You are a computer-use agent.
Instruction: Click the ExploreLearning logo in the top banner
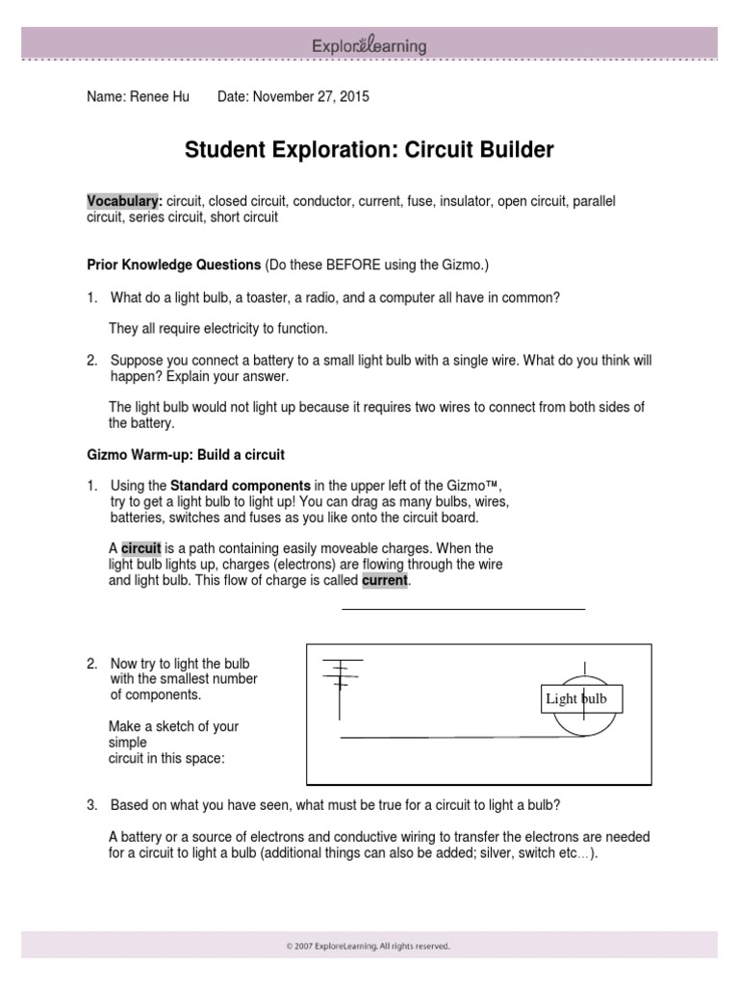pos(369,45)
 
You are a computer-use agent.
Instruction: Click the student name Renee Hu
pos(164,97)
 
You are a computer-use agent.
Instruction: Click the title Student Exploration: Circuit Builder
pos(369,150)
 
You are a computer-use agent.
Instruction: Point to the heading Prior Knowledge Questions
pos(174,264)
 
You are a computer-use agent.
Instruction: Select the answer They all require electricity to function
pos(218,329)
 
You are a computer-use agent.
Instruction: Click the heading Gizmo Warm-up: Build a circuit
pos(186,454)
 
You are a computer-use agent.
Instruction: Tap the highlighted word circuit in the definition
pos(140,547)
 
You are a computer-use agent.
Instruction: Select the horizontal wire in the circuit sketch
pos(452,737)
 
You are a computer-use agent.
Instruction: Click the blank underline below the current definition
pos(463,609)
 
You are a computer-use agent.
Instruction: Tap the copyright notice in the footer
pos(369,947)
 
